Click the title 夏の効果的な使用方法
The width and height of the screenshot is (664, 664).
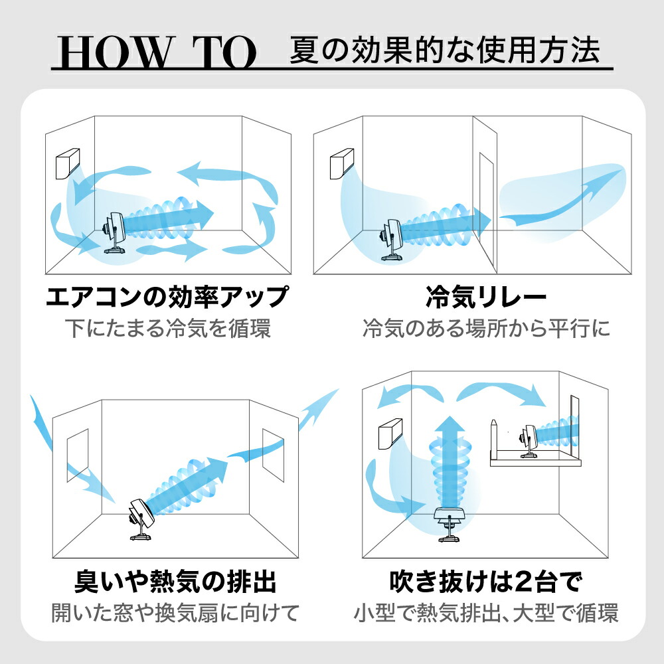pyautogui.click(x=445, y=49)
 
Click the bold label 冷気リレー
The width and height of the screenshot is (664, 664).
pyautogui.click(x=485, y=297)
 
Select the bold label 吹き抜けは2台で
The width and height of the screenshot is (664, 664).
pyautogui.click(x=485, y=582)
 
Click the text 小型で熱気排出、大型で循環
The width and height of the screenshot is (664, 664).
pyautogui.click(x=485, y=613)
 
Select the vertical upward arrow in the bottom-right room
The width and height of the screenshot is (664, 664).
pyautogui.click(x=450, y=458)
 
